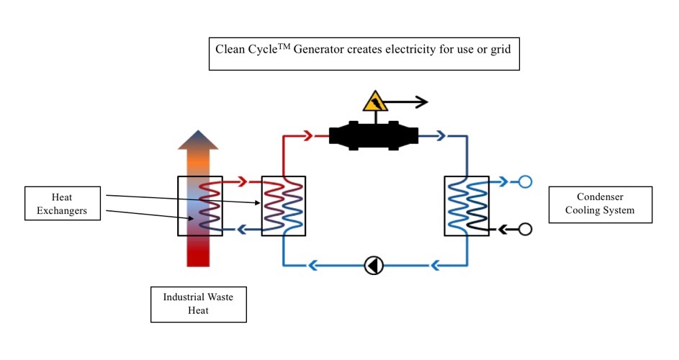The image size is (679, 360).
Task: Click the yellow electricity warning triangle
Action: [x=375, y=102]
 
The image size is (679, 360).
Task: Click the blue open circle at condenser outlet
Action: [x=525, y=181]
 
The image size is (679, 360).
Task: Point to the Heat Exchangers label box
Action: [x=62, y=203]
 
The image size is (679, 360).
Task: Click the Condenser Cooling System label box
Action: [x=600, y=204]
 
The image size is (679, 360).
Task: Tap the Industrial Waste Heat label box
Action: [x=198, y=304]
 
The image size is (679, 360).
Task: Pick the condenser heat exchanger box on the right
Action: [x=466, y=205]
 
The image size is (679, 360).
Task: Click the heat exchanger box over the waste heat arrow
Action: [x=200, y=205]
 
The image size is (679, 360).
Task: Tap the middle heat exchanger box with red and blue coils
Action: [x=283, y=205]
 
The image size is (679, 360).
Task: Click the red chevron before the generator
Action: [x=307, y=135]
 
